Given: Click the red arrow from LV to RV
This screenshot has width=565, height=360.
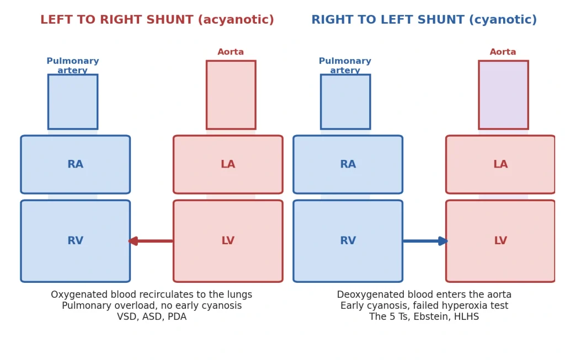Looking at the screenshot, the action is click(151, 241).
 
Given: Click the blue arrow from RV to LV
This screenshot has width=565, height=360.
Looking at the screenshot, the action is click(425, 241).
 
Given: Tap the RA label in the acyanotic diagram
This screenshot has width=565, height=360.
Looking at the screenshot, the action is click(75, 164).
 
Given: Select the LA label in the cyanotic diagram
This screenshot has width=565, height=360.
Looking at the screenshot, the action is click(500, 164).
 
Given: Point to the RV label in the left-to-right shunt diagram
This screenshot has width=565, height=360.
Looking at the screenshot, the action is click(75, 240).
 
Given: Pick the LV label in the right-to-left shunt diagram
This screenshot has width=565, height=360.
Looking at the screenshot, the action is click(500, 240).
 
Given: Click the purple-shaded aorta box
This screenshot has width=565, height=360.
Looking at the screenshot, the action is click(503, 95).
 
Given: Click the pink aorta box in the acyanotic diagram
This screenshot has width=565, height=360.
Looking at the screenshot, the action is click(231, 95).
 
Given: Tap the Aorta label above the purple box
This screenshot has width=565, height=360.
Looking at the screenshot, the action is click(503, 52).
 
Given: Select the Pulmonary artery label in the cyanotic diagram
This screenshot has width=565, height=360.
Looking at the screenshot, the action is click(345, 66).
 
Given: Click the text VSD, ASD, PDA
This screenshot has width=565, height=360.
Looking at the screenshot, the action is click(152, 317).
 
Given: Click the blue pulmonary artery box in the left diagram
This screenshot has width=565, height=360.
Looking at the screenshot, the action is click(73, 102).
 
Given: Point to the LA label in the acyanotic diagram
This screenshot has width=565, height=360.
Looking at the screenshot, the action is click(228, 164).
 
